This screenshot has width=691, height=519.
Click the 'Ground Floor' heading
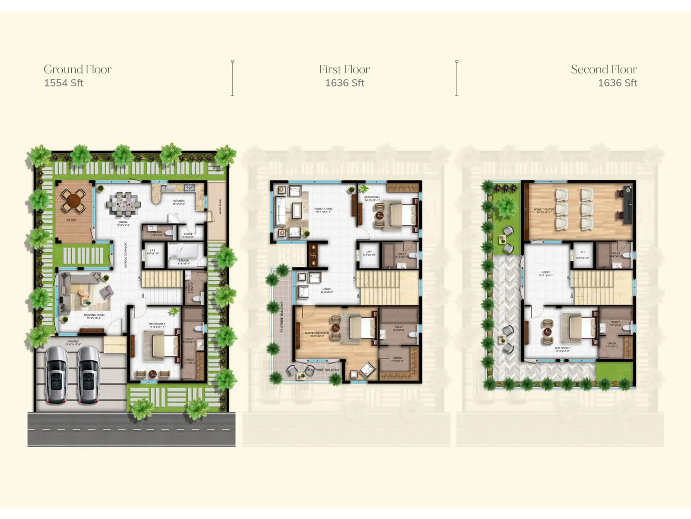(78, 69)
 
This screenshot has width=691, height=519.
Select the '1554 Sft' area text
(63, 83)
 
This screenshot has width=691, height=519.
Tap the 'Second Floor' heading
(604, 69)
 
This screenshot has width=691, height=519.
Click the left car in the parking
(56, 375)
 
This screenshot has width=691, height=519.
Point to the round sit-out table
(74, 201)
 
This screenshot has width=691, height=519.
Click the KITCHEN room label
(179, 201)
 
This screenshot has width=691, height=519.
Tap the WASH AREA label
(220, 207)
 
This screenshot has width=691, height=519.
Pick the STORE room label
(188, 234)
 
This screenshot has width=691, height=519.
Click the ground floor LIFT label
(153, 251)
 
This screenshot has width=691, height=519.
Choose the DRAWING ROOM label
(94, 315)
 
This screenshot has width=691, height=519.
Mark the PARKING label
(73, 342)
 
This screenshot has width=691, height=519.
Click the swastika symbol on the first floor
(314, 256)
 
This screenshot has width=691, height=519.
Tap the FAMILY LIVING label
(323, 209)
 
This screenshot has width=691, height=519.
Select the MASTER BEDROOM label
(317, 333)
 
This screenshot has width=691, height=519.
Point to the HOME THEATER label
(544, 210)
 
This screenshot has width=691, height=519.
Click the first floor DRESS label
(398, 359)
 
